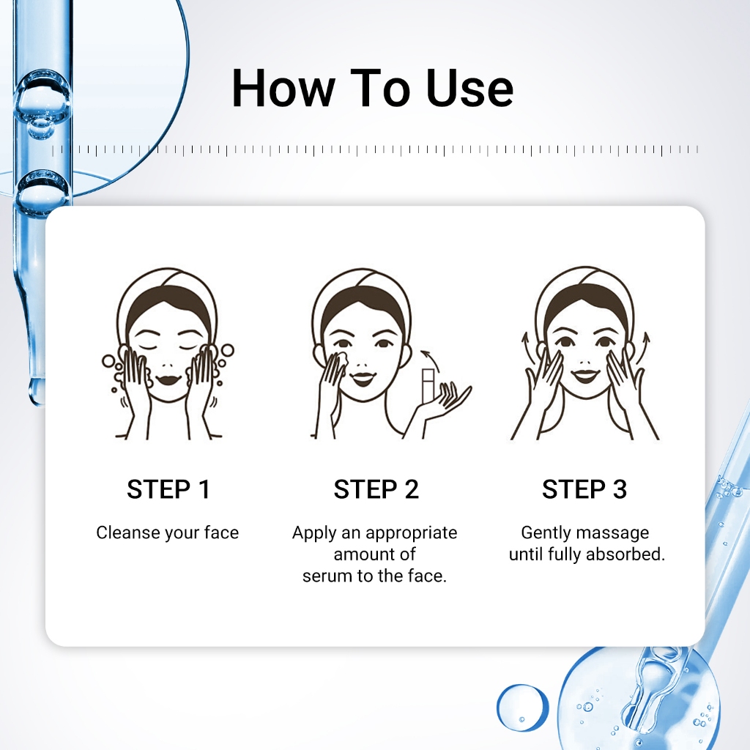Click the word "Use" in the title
click(469, 89)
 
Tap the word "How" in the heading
click(283, 89)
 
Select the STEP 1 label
click(168, 489)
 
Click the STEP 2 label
click(376, 489)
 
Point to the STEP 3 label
click(584, 489)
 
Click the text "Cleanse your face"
click(168, 532)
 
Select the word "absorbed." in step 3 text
click(625, 554)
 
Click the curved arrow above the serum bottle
click(429, 357)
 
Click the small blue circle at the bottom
click(521, 706)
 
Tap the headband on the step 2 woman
click(362, 287)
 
